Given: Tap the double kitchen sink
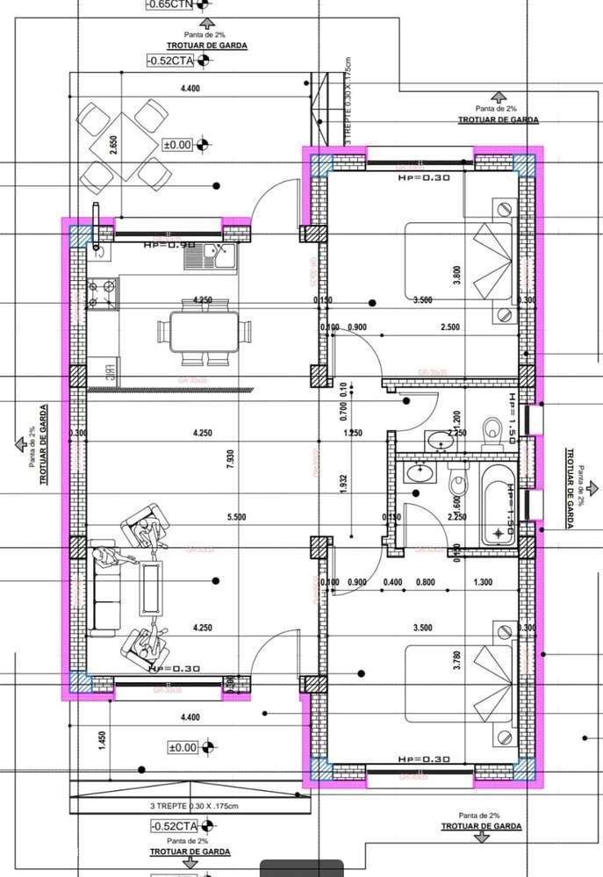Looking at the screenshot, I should pyautogui.click(x=218, y=257).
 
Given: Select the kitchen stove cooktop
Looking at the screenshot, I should pyautogui.click(x=104, y=291).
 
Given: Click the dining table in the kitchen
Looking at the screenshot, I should pyautogui.click(x=201, y=332).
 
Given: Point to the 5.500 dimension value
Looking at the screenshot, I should pyautogui.click(x=235, y=518).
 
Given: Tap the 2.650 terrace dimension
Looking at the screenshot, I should pyautogui.click(x=113, y=145).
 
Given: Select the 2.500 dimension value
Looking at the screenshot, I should pyautogui.click(x=449, y=327).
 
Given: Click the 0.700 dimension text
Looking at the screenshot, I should pyautogui.click(x=344, y=411).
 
